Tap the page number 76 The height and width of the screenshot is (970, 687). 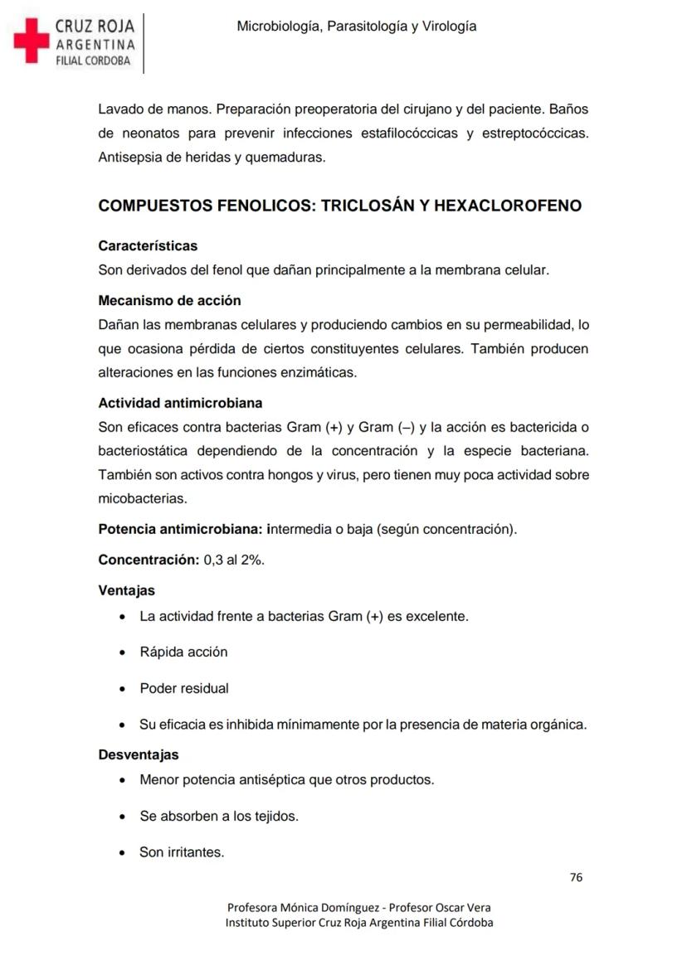click(x=577, y=877)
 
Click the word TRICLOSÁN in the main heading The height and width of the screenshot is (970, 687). click(x=367, y=206)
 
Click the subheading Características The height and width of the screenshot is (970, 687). click(x=148, y=246)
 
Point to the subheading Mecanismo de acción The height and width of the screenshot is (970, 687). click(x=169, y=300)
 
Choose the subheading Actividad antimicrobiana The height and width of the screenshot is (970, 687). click(x=180, y=403)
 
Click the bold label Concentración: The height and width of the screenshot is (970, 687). click(x=149, y=560)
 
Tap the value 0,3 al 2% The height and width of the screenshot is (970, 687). click(x=234, y=560)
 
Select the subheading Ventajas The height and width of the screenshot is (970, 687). click(x=126, y=591)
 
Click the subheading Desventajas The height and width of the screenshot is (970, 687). click(x=138, y=755)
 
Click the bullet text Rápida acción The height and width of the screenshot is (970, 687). click(x=183, y=652)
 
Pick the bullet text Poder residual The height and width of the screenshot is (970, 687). click(x=184, y=688)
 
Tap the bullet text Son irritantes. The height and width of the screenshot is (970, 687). click(x=182, y=851)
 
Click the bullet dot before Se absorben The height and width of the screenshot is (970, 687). click(x=123, y=817)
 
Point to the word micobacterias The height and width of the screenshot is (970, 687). click(x=142, y=499)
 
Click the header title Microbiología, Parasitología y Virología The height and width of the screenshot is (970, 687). click(x=357, y=27)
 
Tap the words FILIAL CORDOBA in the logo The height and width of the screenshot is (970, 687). click(x=94, y=61)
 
